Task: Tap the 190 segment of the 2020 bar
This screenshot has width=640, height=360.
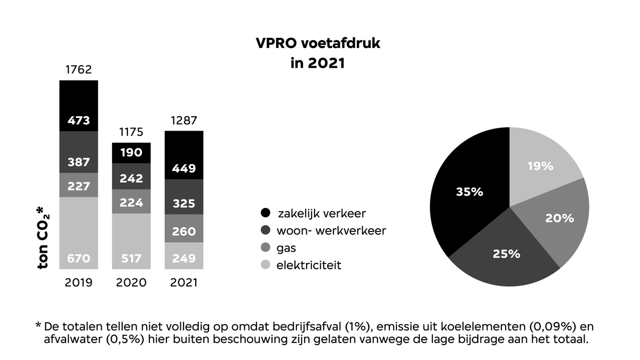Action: click(x=131, y=153)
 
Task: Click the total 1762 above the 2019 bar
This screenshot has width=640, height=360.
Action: click(x=78, y=70)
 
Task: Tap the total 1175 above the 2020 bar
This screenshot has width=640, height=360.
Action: click(x=131, y=132)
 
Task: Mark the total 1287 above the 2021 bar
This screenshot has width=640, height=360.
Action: click(x=184, y=120)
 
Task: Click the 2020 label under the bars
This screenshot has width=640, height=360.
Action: click(x=131, y=283)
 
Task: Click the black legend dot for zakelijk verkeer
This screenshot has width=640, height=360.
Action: click(x=265, y=214)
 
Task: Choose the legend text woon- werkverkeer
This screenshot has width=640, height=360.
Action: click(x=331, y=231)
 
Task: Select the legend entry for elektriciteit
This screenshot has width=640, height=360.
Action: click(x=309, y=265)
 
